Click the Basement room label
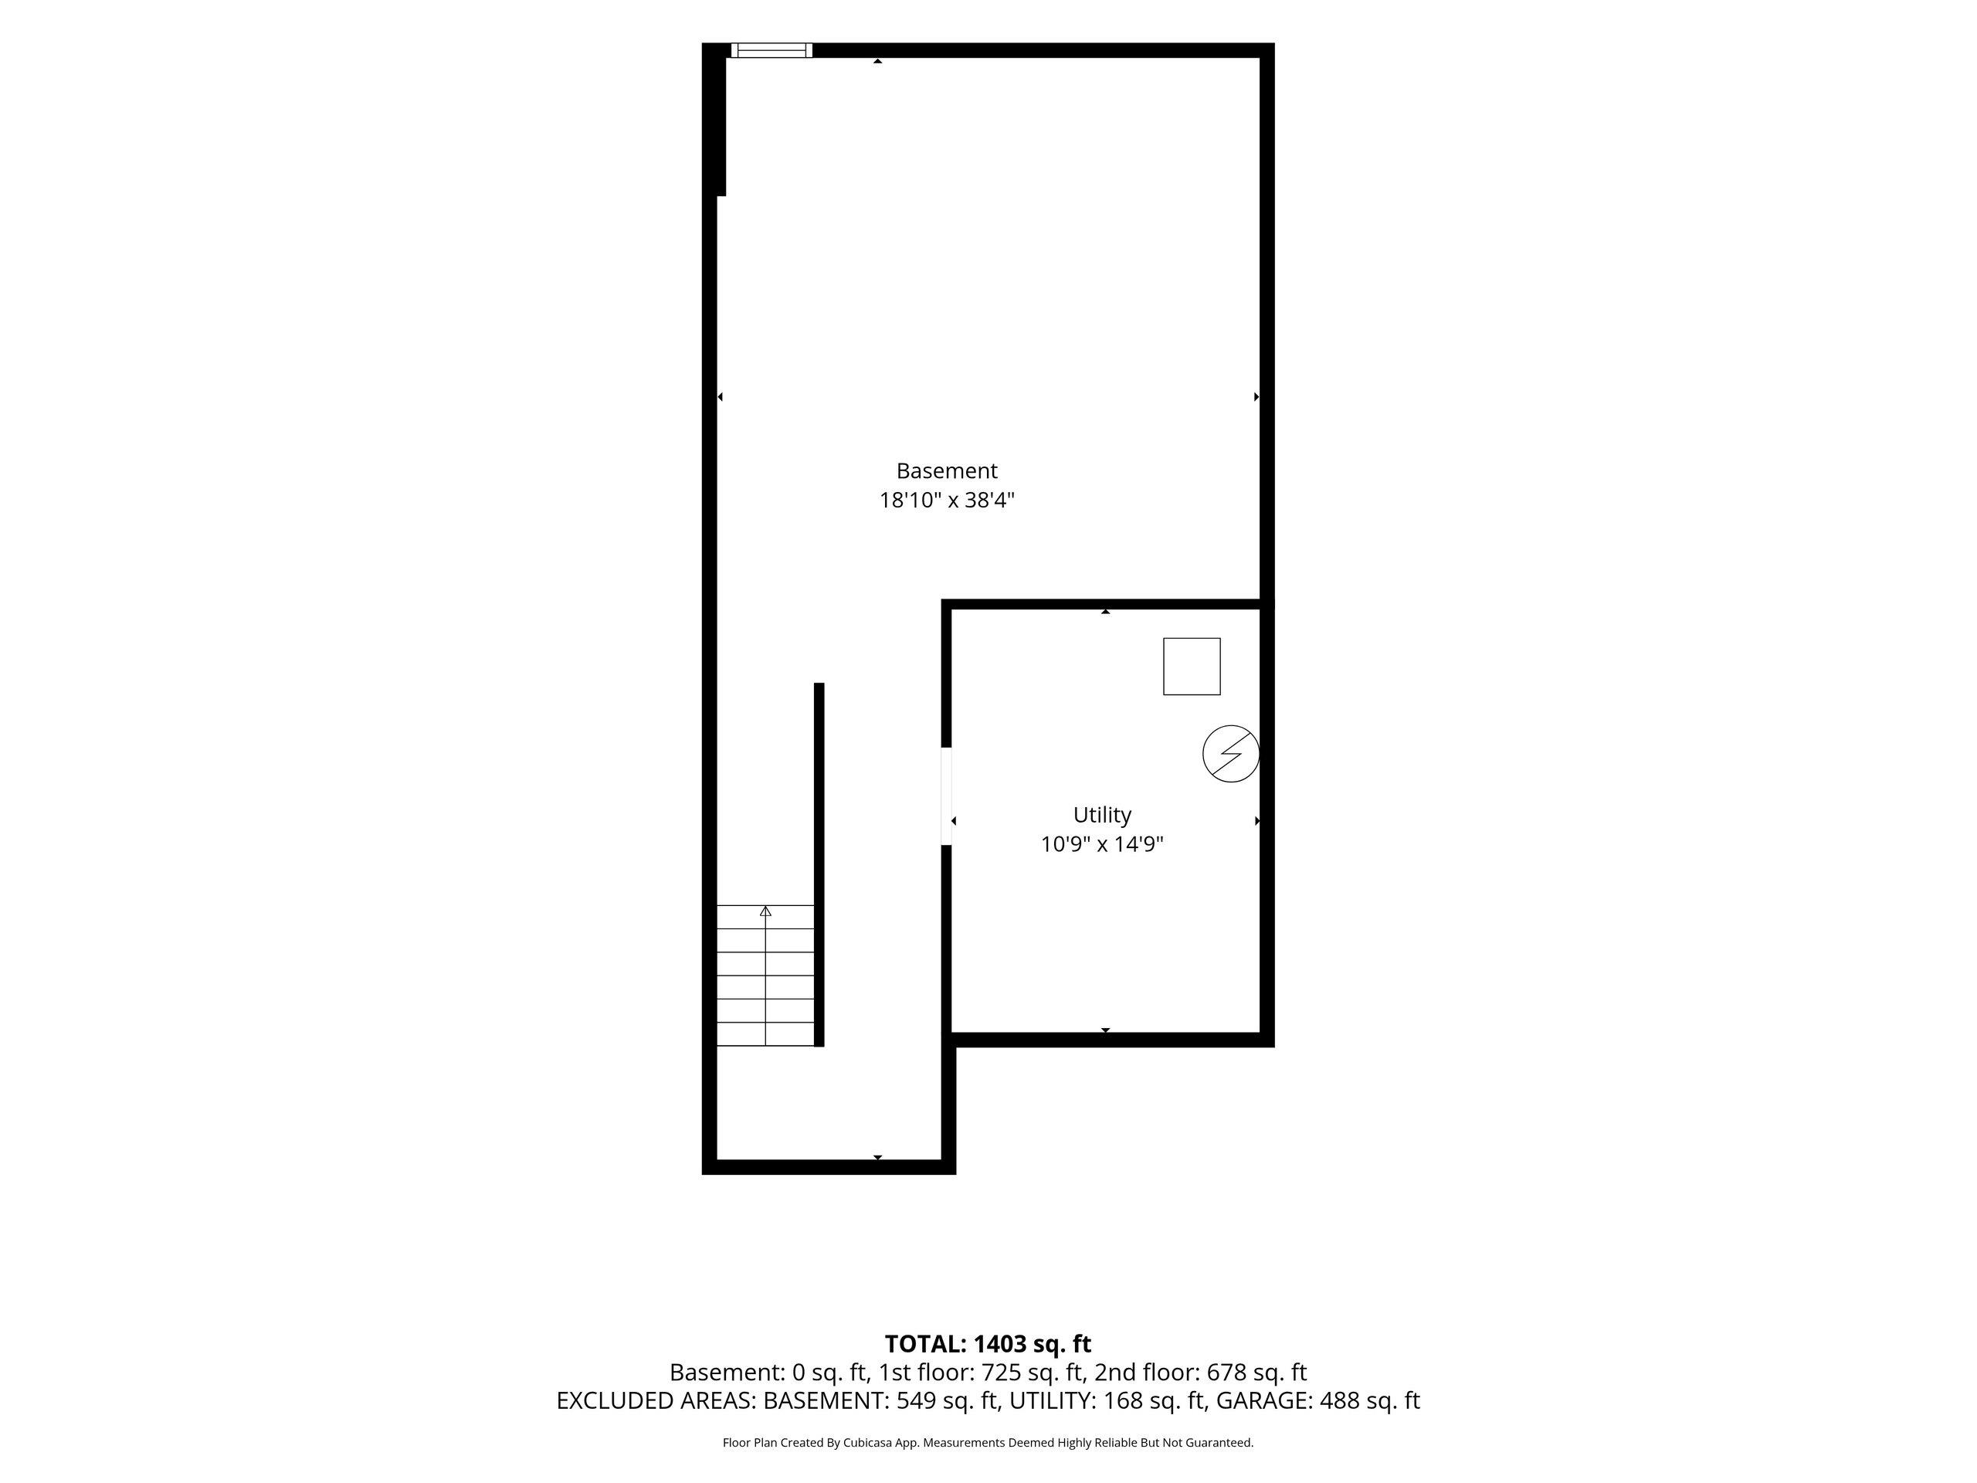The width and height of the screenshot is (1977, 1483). click(947, 470)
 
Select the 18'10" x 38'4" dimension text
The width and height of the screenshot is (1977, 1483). click(947, 500)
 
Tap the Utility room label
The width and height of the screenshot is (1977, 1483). click(1102, 814)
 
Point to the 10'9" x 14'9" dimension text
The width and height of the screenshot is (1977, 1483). click(1102, 844)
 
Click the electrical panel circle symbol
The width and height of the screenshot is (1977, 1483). click(1231, 754)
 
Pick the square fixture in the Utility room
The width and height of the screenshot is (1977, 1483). click(1192, 666)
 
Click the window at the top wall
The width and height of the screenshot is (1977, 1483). click(771, 50)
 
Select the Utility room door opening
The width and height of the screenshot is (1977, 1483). click(947, 796)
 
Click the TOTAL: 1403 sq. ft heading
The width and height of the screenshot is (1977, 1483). click(988, 1343)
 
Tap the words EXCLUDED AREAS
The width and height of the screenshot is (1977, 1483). click(655, 1401)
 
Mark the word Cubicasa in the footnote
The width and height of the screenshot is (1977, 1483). click(868, 1443)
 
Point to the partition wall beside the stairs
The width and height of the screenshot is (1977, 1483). click(819, 864)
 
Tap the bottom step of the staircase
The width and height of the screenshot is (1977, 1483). click(765, 1033)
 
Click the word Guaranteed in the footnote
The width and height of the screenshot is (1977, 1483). click(1222, 1443)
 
